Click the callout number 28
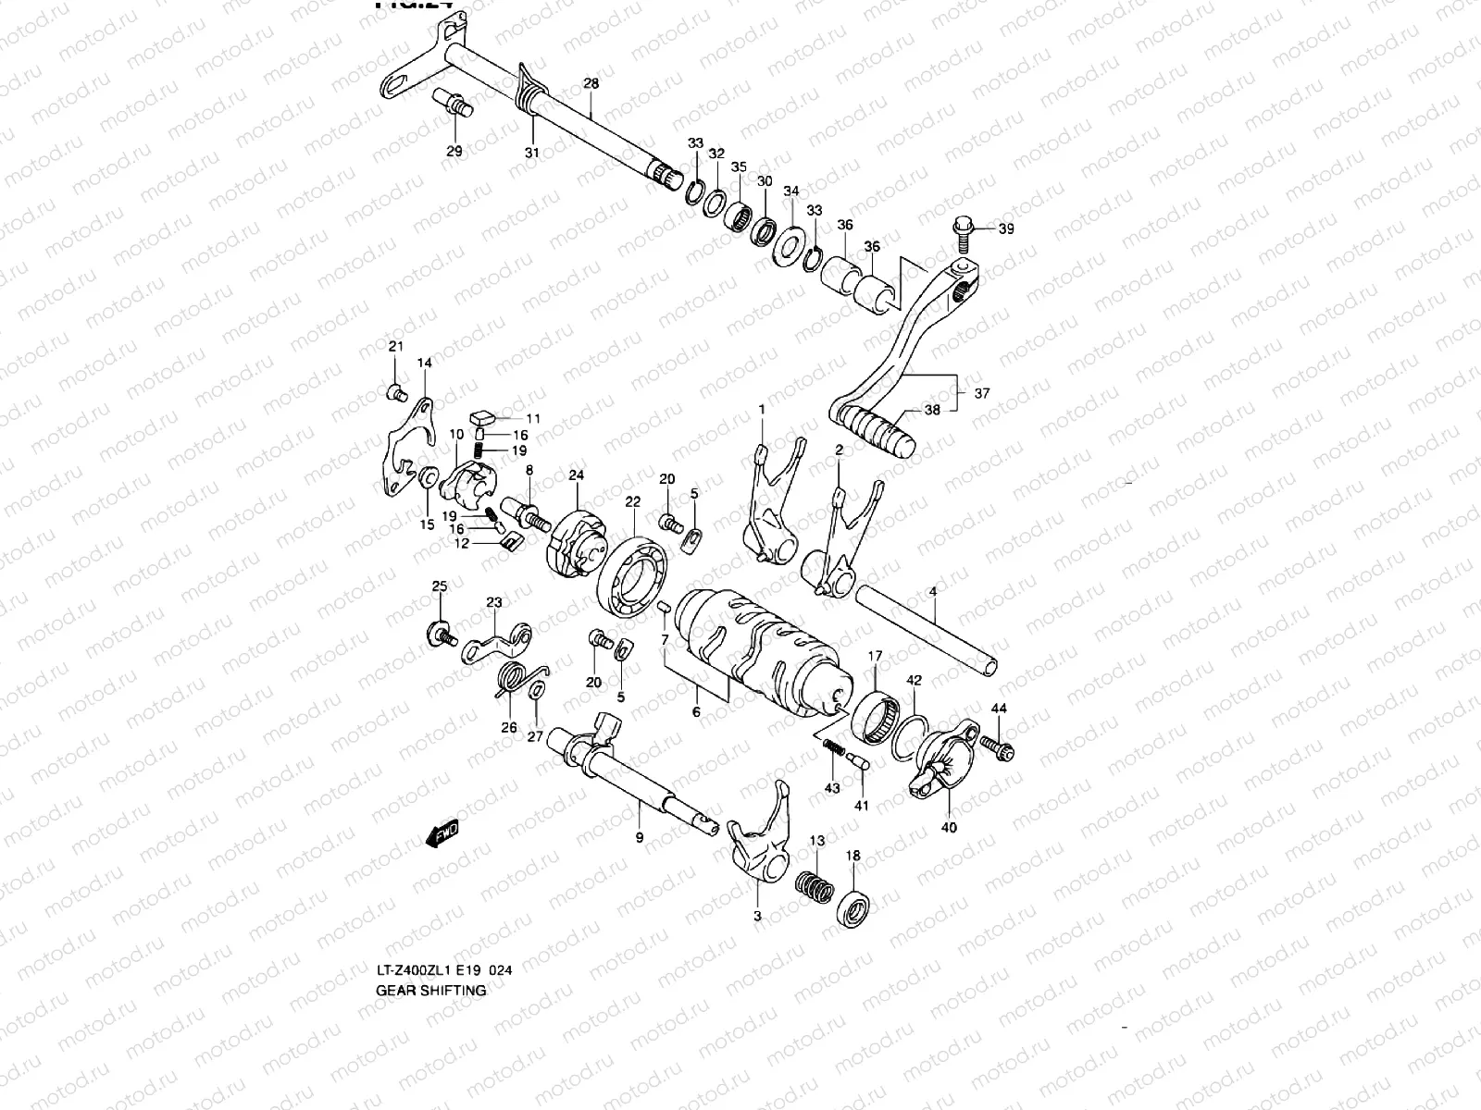point(591,84)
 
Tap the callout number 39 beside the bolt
point(1005,228)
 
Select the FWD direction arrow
point(442,832)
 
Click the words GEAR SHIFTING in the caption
point(430,990)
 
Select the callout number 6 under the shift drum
point(696,712)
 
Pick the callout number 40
point(949,828)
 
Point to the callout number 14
point(424,364)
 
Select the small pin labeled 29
point(452,100)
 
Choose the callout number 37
point(982,393)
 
